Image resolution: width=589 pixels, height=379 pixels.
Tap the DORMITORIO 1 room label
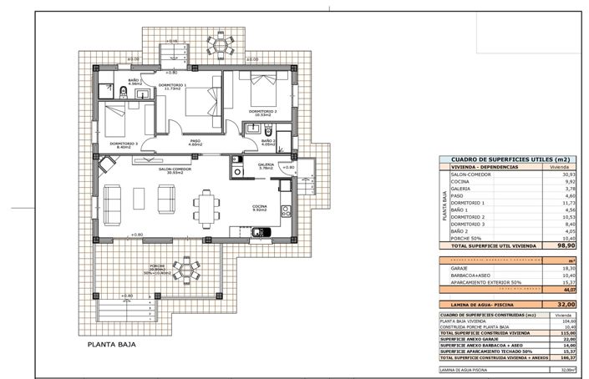(x=174, y=86)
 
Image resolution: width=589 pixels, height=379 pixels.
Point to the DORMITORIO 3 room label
(x=123, y=144)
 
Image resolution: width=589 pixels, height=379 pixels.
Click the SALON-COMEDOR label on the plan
(x=175, y=169)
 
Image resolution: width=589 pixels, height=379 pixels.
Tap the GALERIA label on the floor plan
(x=267, y=165)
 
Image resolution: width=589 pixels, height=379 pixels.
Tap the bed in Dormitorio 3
(x=118, y=117)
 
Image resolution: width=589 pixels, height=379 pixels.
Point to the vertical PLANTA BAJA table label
(x=443, y=205)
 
